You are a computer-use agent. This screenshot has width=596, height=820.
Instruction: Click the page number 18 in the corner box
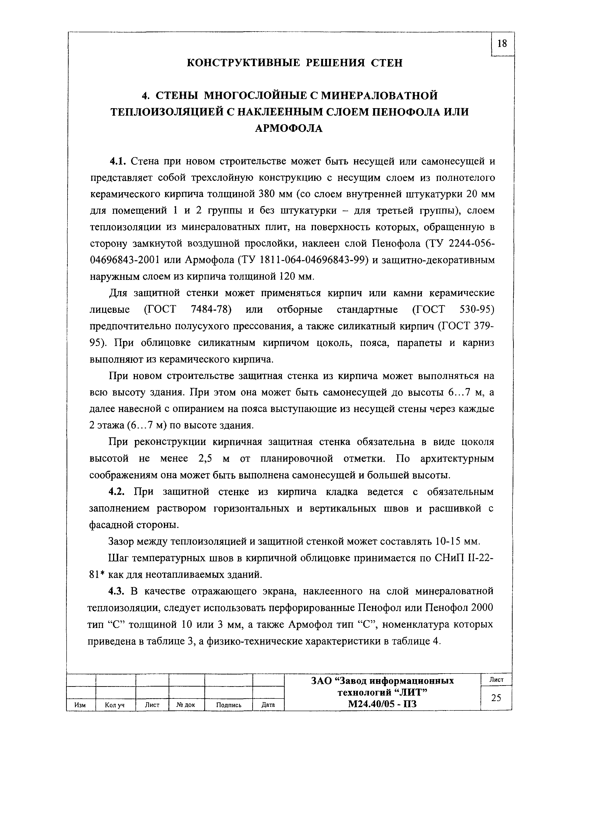click(x=502, y=44)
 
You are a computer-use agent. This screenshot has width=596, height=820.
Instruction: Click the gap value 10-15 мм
click(x=458, y=542)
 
